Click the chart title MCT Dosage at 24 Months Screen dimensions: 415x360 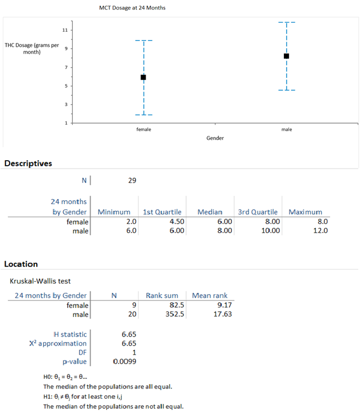click(x=132, y=8)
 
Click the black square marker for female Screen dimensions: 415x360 click(x=143, y=77)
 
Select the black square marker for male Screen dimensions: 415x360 click(x=287, y=56)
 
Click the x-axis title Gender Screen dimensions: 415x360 click(x=215, y=138)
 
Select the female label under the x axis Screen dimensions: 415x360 click(x=143, y=129)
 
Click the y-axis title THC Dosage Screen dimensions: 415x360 click(x=32, y=48)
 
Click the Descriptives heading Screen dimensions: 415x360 click(x=28, y=164)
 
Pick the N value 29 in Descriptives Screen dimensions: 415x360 click(x=132, y=180)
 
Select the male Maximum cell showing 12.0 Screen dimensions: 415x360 click(x=321, y=231)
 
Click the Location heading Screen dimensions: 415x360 click(x=21, y=264)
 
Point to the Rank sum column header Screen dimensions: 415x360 click(x=162, y=295)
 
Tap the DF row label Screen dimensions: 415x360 click(x=82, y=352)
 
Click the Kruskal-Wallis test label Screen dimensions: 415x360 click(x=40, y=281)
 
